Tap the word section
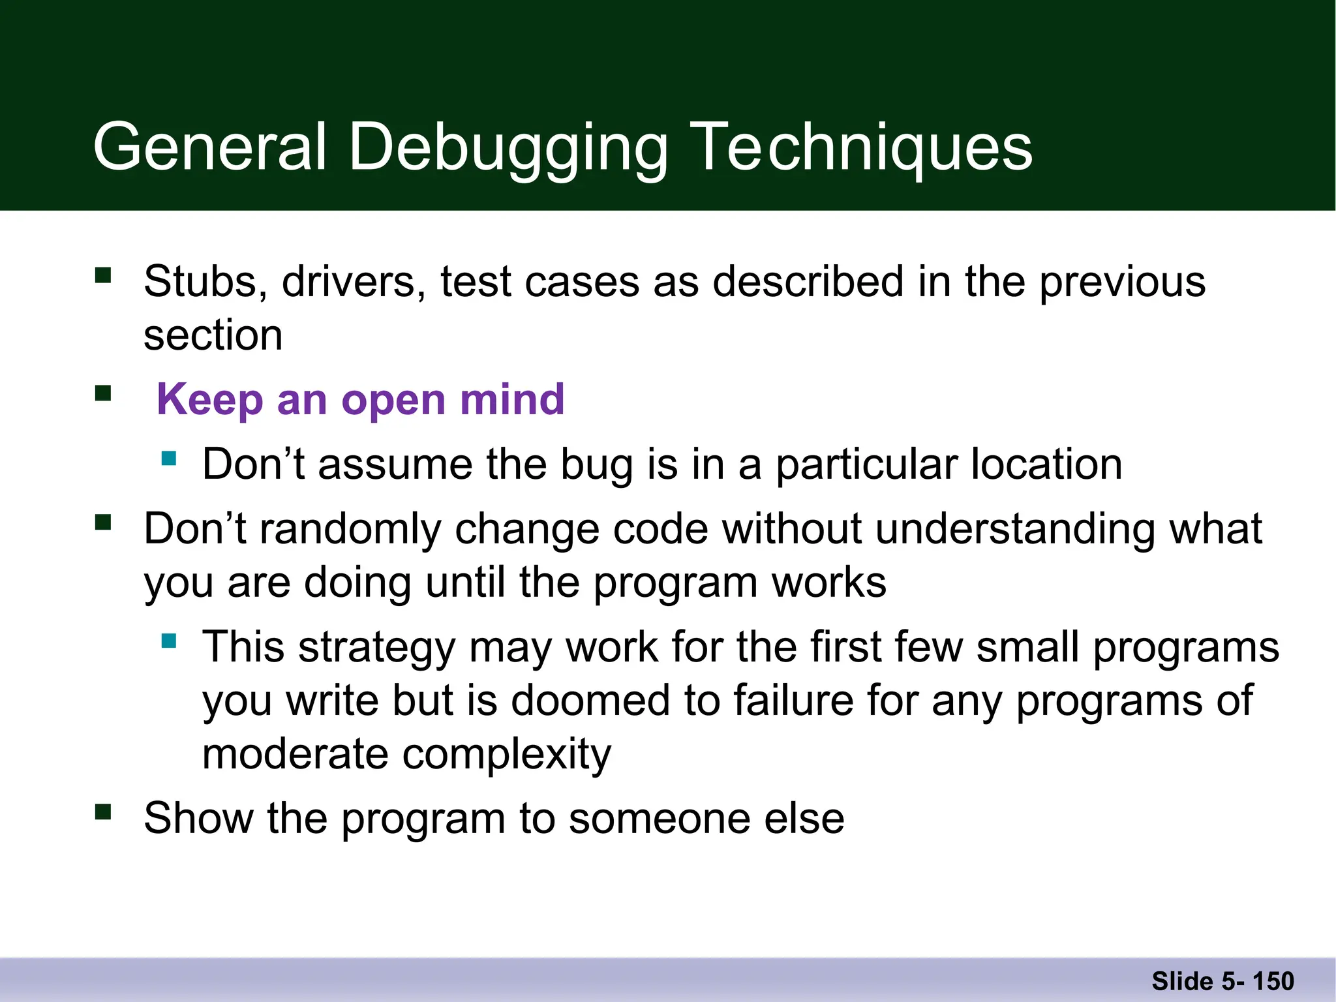point(213,335)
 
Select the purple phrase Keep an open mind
point(360,399)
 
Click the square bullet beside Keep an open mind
point(103,393)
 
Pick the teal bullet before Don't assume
point(169,458)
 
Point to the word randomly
point(350,528)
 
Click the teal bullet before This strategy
point(169,641)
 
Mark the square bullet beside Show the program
point(103,812)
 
